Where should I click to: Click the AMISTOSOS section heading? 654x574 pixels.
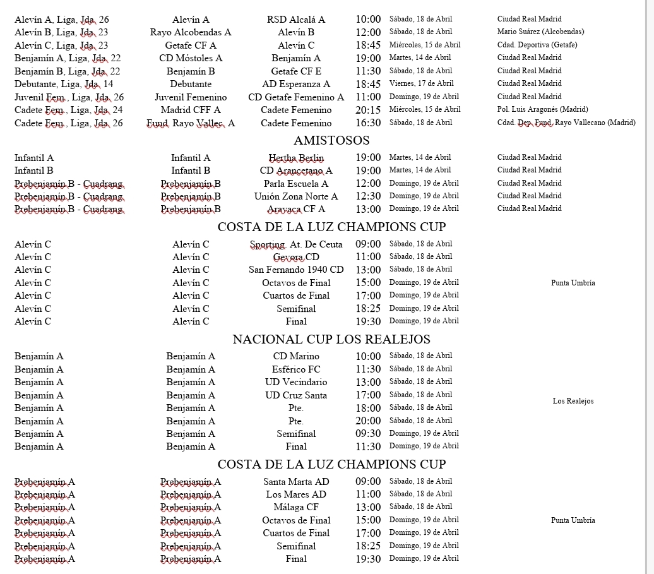point(331,140)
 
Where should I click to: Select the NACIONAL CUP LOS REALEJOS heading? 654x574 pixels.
point(331,339)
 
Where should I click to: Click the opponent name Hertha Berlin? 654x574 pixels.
point(296,158)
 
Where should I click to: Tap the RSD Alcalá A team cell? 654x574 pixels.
point(296,20)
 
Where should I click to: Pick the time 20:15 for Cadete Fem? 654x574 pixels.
point(368,110)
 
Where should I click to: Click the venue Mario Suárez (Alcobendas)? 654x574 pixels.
point(540,32)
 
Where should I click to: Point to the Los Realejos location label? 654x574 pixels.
point(573,401)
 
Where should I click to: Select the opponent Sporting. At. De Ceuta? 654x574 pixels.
point(296,244)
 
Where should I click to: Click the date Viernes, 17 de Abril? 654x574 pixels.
point(421,83)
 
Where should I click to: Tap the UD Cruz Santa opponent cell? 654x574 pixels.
point(296,395)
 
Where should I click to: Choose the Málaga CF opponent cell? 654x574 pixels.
point(296,507)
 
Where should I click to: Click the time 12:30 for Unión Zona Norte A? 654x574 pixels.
point(368,196)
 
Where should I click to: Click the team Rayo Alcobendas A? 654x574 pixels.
point(191,32)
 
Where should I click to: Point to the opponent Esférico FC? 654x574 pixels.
point(296,369)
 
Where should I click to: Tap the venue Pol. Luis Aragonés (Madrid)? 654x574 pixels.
point(542,109)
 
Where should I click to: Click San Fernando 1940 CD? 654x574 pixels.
point(296,270)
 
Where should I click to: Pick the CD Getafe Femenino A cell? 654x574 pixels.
point(296,97)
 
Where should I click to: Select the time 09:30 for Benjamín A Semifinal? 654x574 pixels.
point(368,434)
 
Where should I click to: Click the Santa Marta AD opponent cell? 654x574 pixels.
point(296,482)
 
